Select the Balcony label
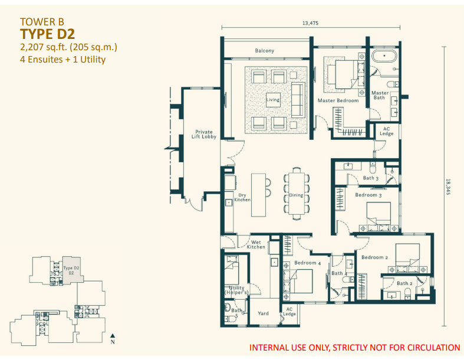pyautogui.click(x=264, y=51)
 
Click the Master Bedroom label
pyautogui.click(x=338, y=101)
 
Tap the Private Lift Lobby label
pyautogui.click(x=204, y=135)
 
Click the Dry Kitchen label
pyautogui.click(x=242, y=198)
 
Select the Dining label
pyautogui.click(x=295, y=195)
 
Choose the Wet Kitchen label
pyautogui.click(x=256, y=244)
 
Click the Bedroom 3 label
pyautogui.click(x=368, y=195)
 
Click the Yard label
pyautogui.click(x=264, y=313)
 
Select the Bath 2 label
pyautogui.click(x=404, y=283)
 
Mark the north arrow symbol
pyautogui.click(x=113, y=336)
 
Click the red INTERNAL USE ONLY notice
pyautogui.click(x=354, y=348)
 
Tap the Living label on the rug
pyautogui.click(x=272, y=100)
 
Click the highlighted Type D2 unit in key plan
pyautogui.click(x=71, y=271)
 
